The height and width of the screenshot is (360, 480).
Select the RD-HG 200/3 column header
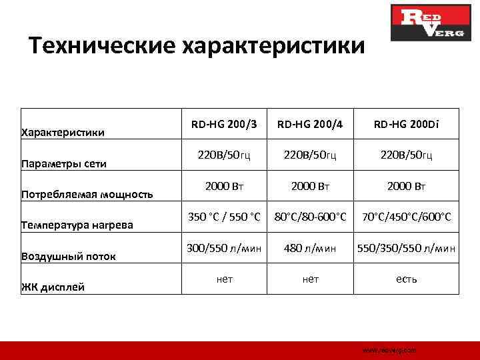coord(225,124)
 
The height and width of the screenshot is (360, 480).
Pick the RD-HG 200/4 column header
coord(311,124)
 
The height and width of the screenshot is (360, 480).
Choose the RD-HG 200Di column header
coord(406,124)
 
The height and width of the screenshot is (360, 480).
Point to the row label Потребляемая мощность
coord(87,195)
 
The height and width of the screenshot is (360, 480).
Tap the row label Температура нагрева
coord(77,225)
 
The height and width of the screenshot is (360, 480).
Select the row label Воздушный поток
coord(69,256)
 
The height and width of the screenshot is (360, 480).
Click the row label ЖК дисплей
coord(53,287)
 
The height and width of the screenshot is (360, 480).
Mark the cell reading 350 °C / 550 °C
coord(225,217)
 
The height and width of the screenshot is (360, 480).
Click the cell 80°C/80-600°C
coord(311,217)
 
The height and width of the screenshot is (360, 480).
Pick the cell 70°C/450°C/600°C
coord(406,217)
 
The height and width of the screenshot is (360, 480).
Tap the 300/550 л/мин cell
coord(225,248)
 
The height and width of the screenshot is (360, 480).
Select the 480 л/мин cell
coord(311,248)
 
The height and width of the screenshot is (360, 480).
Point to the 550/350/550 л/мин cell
coord(406,248)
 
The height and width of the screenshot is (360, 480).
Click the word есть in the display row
coord(406,279)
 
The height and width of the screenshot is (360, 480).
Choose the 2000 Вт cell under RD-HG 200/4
coord(311,186)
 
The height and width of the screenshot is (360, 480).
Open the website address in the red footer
coord(389,350)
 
